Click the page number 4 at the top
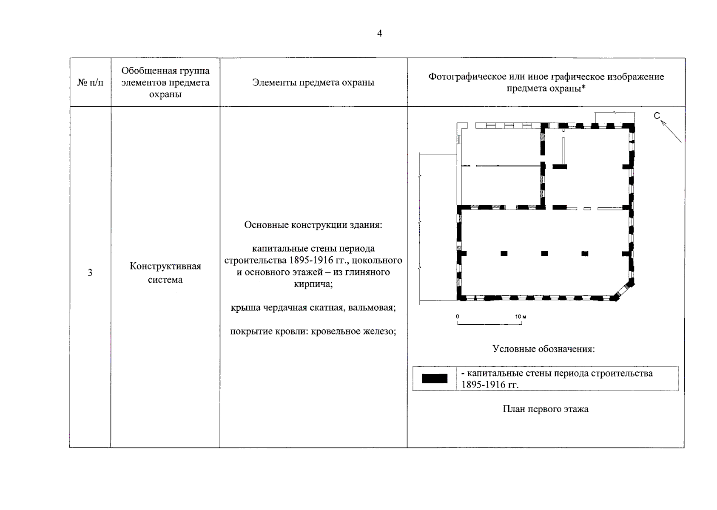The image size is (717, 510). (x=379, y=34)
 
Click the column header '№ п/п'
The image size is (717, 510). (x=90, y=82)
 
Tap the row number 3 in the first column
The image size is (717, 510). (x=90, y=273)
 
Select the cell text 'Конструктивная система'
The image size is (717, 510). (x=165, y=273)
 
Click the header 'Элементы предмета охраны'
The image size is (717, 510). (x=313, y=82)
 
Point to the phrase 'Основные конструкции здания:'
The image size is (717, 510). (x=313, y=225)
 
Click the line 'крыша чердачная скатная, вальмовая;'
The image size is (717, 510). (x=313, y=307)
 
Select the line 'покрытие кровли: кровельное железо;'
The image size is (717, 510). (x=313, y=331)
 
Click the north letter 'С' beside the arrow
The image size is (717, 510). (x=657, y=116)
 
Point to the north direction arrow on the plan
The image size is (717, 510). (x=671, y=131)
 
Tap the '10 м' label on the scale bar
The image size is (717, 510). (x=521, y=317)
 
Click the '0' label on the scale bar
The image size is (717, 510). (x=458, y=317)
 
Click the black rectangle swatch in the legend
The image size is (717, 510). (x=435, y=378)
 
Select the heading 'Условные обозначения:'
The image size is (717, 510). (x=543, y=349)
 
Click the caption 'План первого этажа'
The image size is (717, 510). (x=546, y=409)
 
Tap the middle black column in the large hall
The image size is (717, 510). (x=544, y=254)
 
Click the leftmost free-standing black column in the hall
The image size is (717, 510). (x=504, y=254)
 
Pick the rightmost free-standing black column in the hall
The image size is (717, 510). (x=585, y=254)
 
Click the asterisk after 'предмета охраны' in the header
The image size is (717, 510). (x=583, y=88)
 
